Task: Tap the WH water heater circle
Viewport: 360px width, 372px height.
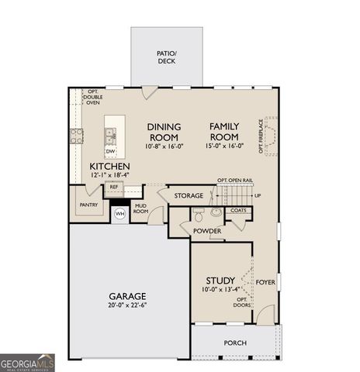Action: pos(120,213)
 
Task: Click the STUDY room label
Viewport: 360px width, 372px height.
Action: pos(220,280)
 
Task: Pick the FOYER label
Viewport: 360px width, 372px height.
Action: pos(266,283)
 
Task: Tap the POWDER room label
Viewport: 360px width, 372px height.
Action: pos(207,231)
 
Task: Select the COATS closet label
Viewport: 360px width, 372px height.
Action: pos(239,210)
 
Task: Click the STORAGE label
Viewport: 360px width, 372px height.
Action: pos(189,196)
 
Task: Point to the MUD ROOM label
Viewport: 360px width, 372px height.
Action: pos(140,208)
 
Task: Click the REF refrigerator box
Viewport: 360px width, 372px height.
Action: pos(113,187)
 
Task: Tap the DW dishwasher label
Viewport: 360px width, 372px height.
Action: pos(110,151)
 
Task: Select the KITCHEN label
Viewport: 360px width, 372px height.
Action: pos(109,167)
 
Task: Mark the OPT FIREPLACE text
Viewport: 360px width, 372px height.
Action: pos(261,136)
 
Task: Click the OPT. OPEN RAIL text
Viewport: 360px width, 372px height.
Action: pos(235,180)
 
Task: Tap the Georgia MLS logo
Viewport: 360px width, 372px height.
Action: pos(27,363)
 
